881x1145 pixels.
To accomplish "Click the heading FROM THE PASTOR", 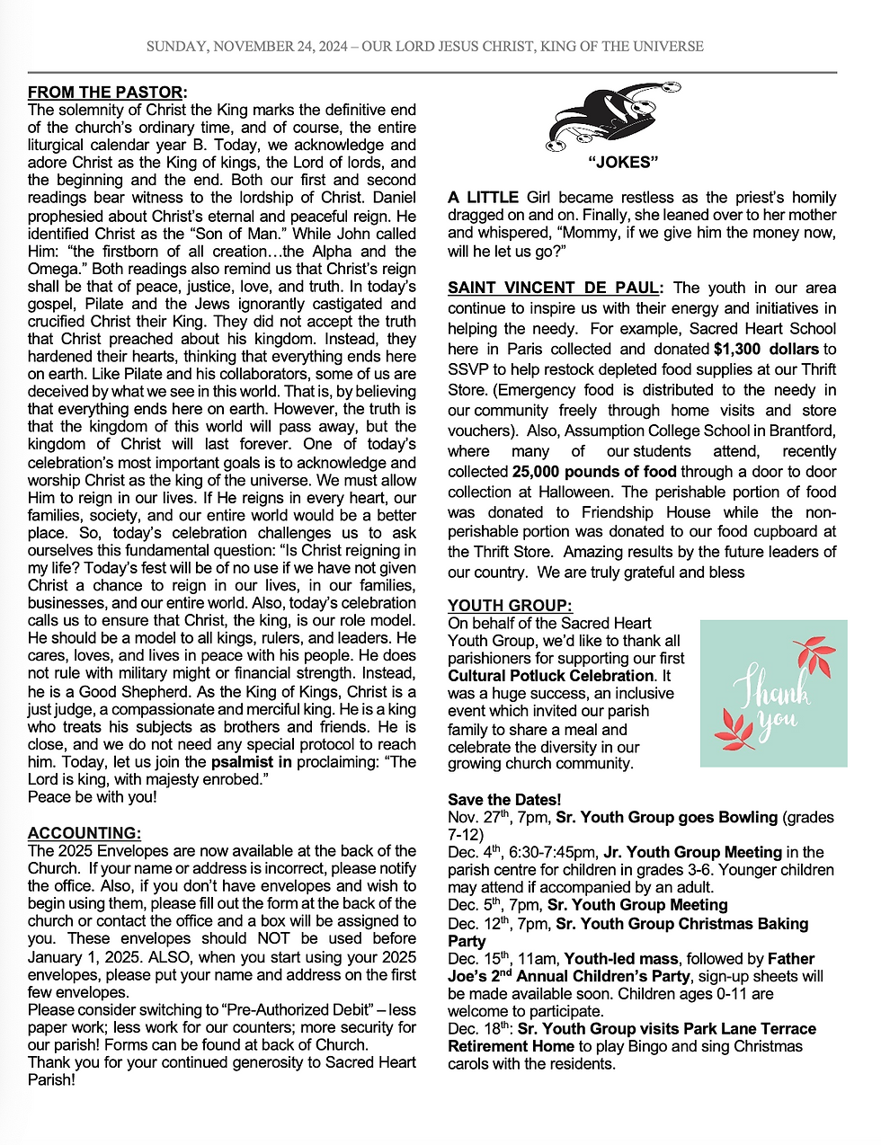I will (106, 92).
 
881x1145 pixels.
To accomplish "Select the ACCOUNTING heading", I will (84, 833).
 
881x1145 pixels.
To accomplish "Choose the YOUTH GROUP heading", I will (510, 606).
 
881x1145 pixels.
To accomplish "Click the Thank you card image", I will (773, 693).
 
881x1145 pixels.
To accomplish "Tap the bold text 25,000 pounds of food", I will (594, 471).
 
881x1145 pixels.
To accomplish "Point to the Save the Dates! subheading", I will (504, 800).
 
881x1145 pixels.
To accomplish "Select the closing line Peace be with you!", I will (92, 797).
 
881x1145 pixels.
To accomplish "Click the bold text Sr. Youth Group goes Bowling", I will (666, 817).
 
